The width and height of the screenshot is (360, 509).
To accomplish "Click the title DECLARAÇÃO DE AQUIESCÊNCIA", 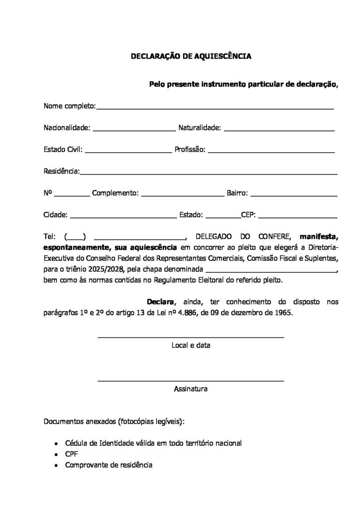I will [x=191, y=57].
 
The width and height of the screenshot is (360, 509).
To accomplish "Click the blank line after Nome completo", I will [x=215, y=107].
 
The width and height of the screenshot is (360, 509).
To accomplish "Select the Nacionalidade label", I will [x=67, y=128].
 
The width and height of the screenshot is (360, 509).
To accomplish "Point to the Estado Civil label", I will [x=63, y=149].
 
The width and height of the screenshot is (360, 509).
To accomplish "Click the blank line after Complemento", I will [x=182, y=195].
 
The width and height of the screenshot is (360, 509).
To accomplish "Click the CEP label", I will [x=248, y=215].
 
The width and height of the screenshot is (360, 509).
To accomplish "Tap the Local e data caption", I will [x=190, y=345].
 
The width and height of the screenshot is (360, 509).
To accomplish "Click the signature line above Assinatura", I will [x=190, y=381].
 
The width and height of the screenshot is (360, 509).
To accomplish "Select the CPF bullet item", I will [x=72, y=454].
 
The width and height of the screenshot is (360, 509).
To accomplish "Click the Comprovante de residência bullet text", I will [x=109, y=465].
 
